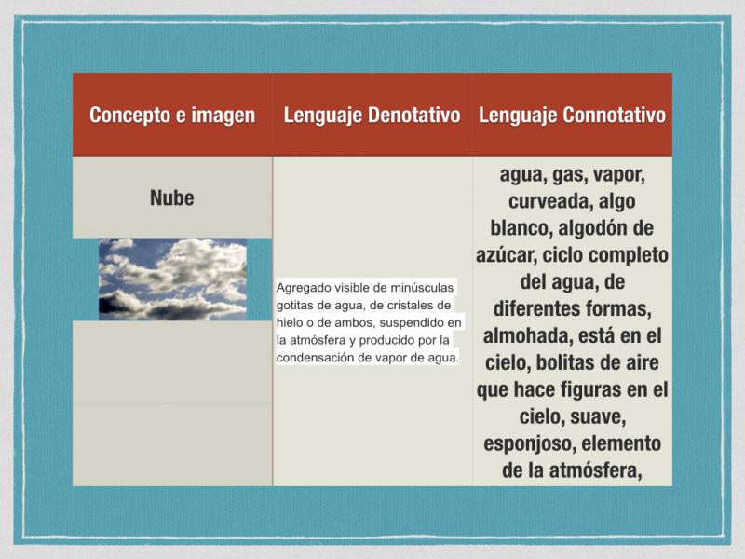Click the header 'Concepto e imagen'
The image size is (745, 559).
172,115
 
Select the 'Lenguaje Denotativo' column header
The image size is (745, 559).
372,115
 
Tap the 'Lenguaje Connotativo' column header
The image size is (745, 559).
572,115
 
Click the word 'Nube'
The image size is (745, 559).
172,198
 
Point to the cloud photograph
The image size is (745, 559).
172,279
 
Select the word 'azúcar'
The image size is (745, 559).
506,255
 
